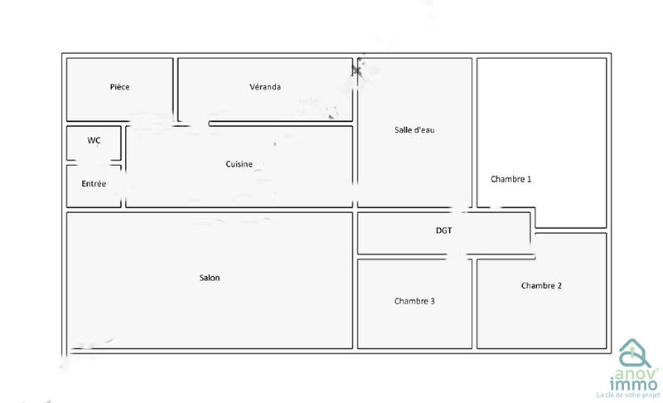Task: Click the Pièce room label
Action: (x=119, y=87)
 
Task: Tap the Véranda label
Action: (x=265, y=87)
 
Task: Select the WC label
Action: (x=94, y=141)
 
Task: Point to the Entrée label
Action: (x=94, y=183)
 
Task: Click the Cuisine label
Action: (x=239, y=164)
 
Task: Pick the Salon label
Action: (x=210, y=278)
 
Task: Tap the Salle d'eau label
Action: (x=414, y=130)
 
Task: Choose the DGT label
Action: (x=444, y=231)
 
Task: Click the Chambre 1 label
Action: (x=511, y=179)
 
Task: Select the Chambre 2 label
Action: (x=541, y=286)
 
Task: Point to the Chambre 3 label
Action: (x=414, y=301)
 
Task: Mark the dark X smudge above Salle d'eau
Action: (x=357, y=70)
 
